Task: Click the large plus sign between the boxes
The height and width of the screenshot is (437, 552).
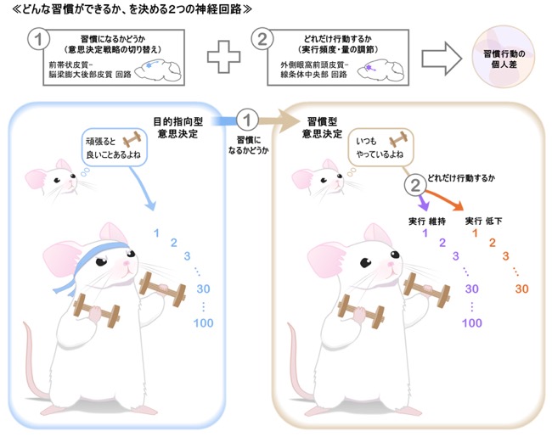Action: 223,57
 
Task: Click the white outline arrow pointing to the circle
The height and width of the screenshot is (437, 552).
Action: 442,59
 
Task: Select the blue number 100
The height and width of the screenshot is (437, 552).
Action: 204,323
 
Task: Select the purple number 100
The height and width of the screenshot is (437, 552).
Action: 472,323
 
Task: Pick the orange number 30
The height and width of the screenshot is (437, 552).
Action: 521,289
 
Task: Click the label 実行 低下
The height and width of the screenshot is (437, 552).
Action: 484,221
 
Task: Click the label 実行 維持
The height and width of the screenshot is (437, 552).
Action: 427,221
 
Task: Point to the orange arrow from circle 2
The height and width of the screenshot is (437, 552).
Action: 444,200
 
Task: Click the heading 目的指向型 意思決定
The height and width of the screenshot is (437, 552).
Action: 178,128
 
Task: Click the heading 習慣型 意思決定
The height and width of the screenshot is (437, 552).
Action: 322,128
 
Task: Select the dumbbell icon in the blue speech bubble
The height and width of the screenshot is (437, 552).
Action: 132,140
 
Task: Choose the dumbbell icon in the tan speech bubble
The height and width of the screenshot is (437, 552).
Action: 398,140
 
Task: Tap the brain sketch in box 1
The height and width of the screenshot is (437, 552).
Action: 158,70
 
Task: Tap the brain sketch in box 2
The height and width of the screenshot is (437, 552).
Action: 380,70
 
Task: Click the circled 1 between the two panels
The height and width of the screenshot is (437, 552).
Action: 247,120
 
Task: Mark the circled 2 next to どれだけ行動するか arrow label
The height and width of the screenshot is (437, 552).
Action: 415,185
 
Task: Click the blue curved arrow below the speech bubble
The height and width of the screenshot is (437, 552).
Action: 144,188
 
